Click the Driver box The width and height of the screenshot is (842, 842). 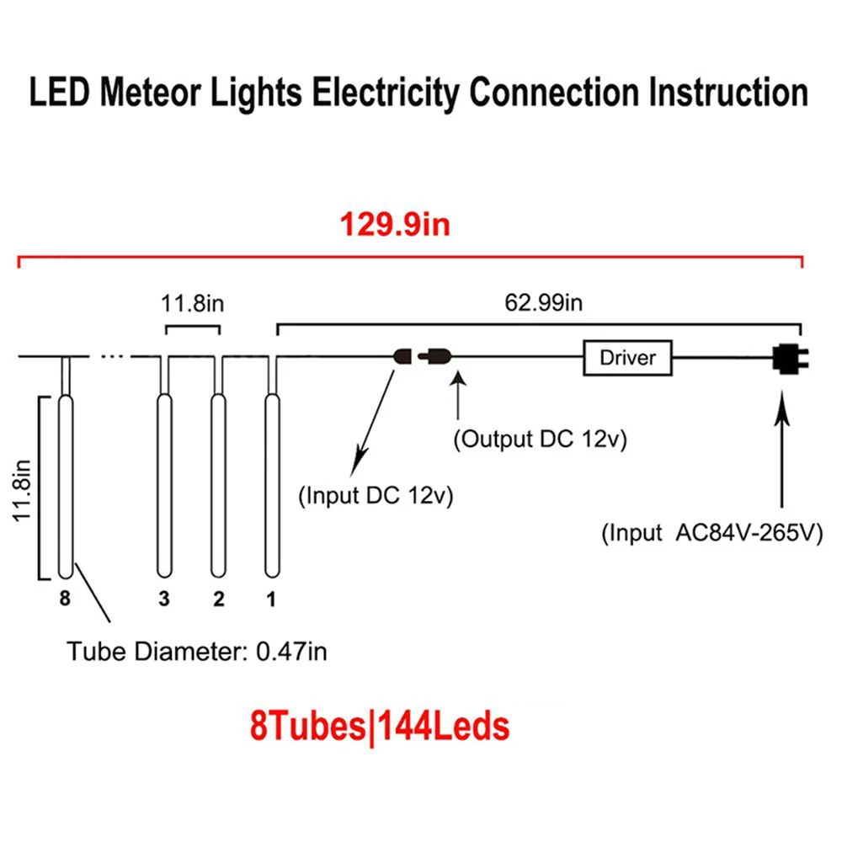[x=627, y=358]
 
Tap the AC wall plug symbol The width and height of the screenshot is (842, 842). [x=790, y=359]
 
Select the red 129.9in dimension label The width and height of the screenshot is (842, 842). [x=395, y=225]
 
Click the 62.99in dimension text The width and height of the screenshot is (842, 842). [x=543, y=303]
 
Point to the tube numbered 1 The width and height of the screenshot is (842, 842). [x=272, y=486]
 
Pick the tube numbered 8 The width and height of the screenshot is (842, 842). [x=66, y=487]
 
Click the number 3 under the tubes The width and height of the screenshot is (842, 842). [x=164, y=599]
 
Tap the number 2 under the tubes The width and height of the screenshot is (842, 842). [x=219, y=599]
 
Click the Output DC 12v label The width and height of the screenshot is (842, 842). [x=541, y=440]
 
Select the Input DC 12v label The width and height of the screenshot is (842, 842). [x=376, y=495]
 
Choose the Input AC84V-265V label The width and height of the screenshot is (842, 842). [x=712, y=533]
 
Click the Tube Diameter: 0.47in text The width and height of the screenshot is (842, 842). [x=196, y=652]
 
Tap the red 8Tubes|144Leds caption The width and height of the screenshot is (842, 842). [x=380, y=727]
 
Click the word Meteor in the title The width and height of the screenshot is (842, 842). [x=151, y=92]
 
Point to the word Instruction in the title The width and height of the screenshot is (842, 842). [x=728, y=93]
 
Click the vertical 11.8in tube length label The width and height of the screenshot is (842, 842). [x=22, y=491]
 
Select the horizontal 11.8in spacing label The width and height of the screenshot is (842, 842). [x=192, y=304]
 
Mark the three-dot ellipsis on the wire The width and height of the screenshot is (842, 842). [x=112, y=356]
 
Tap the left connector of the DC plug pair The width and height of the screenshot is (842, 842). [x=402, y=356]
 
